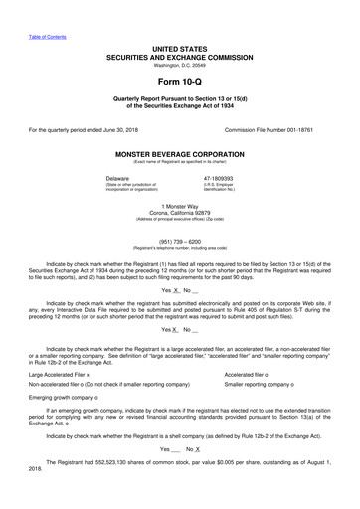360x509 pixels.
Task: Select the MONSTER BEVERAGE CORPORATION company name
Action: tap(179, 156)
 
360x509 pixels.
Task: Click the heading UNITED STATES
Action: tap(179, 49)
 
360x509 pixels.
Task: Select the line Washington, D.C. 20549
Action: tap(179, 66)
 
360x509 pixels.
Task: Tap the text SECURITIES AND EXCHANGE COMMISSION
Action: tap(179, 57)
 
